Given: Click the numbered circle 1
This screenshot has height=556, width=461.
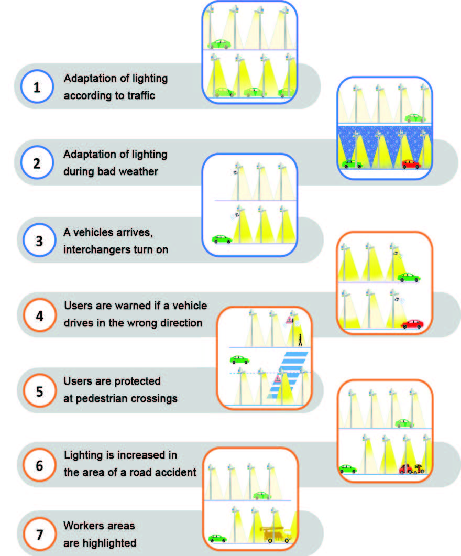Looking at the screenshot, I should point(36,87).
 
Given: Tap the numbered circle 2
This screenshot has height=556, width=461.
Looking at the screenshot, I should point(36,162).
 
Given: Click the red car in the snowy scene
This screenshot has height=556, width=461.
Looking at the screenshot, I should point(411,164).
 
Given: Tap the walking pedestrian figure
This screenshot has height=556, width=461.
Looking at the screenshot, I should point(300,340).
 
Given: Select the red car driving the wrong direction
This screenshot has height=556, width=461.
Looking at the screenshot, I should point(412,324).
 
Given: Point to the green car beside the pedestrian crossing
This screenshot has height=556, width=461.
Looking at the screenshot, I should point(239,359).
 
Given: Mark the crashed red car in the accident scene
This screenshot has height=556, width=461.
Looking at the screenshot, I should point(405,468).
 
